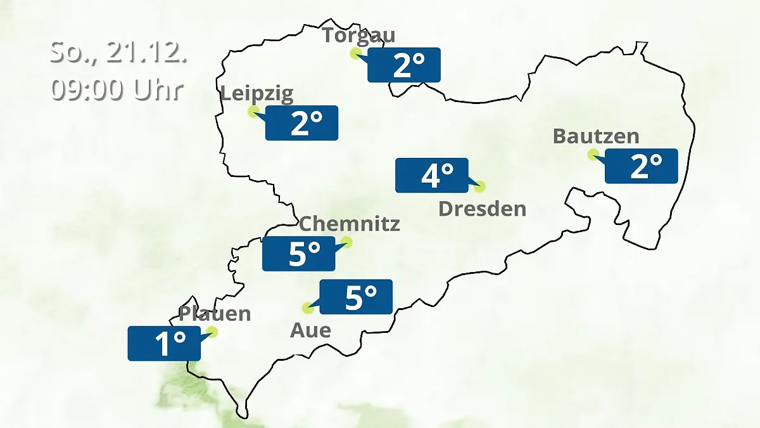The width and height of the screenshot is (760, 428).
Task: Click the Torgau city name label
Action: pos(358,35)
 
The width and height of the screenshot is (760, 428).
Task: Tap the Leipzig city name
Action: pos(257,94)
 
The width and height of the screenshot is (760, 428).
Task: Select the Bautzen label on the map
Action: pos(596,136)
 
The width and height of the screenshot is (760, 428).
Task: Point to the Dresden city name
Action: pos(483,209)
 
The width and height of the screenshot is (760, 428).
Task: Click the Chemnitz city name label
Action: pos(350,224)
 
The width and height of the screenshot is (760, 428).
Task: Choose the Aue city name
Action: pos(310,330)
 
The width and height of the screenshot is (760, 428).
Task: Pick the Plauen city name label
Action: pos(215,314)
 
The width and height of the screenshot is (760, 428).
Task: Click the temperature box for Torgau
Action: pos(404,65)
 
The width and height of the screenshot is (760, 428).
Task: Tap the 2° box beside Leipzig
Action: pos(302,123)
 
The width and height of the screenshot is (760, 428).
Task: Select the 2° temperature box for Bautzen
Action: pos(642,166)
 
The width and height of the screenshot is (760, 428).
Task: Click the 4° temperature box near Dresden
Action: pos(432,175)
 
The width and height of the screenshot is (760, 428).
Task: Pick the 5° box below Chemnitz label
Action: pos(300,254)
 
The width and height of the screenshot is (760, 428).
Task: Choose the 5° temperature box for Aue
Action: pos(356,297)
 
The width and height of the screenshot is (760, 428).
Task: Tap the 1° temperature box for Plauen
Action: pos(165,344)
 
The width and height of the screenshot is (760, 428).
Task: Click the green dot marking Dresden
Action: pos(479,186)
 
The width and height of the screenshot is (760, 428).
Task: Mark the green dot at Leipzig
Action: pos(253,112)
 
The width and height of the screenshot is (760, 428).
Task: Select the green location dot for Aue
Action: pos(308,308)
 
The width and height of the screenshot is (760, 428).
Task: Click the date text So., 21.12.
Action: pos(118,53)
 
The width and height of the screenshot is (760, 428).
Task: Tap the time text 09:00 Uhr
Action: pos(117,89)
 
